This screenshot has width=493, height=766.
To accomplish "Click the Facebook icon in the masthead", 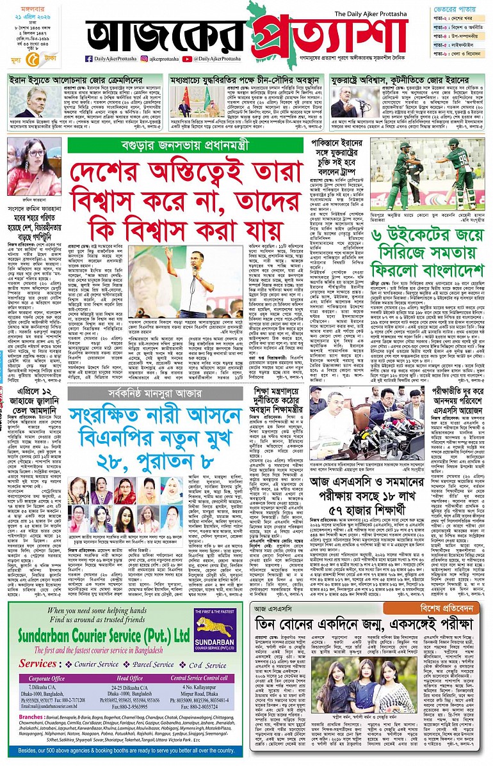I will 88,59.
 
